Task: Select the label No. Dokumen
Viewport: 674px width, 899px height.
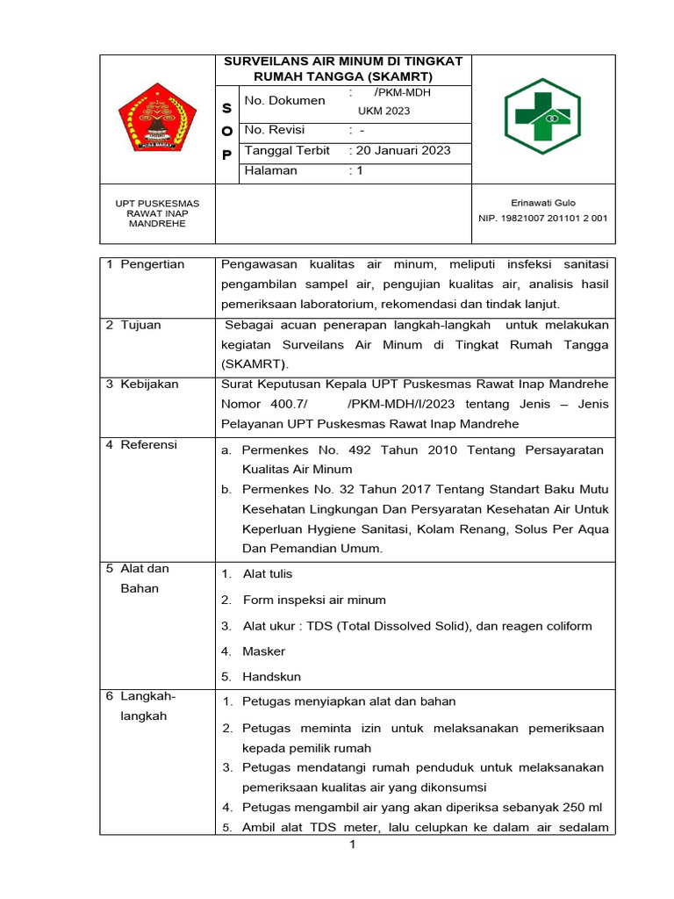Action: pos(284,101)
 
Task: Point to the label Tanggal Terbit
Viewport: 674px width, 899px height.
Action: pos(287,151)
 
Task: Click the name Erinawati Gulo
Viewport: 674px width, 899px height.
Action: pos(543,203)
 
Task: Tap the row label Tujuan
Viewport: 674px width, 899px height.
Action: pos(143,325)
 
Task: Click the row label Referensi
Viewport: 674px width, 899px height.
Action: pos(148,445)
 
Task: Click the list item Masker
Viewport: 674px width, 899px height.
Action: pos(263,651)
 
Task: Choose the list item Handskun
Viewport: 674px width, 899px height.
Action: pos(271,677)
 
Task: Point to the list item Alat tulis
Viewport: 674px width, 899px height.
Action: pos(268,574)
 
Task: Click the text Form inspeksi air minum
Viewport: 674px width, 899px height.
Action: pos(314,600)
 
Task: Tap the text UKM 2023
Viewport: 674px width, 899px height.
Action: pos(384,111)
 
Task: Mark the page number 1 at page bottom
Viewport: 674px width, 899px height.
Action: pos(352,845)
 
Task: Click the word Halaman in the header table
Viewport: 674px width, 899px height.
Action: pos(270,171)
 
